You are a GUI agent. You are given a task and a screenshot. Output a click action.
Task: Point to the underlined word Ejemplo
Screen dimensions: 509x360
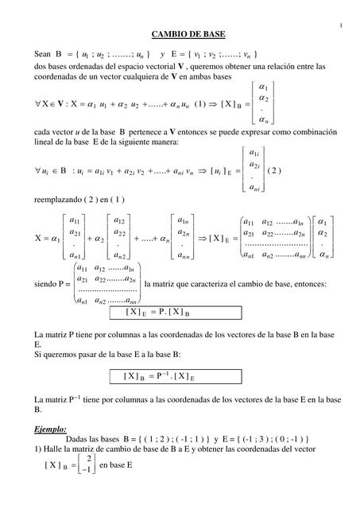click(x=50, y=428)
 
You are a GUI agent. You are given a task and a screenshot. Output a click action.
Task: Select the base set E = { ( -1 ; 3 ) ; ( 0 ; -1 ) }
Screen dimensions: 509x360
click(x=254, y=439)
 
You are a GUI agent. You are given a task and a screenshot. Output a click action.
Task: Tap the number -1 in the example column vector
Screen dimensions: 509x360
click(x=87, y=470)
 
